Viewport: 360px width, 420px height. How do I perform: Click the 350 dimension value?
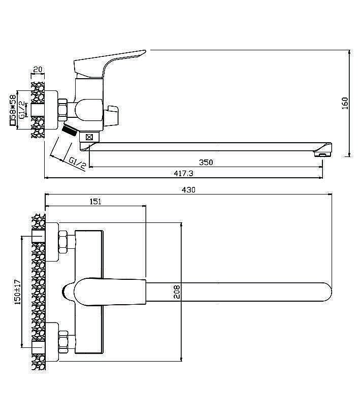point(206,163)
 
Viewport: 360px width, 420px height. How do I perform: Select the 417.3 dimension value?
point(183,173)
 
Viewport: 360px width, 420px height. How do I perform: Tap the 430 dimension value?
point(188,189)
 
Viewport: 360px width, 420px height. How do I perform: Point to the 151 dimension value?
point(95,202)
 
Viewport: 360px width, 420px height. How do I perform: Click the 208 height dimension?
point(177,292)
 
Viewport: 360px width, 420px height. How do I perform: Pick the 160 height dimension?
point(345,103)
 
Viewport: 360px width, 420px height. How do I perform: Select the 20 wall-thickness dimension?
point(38,70)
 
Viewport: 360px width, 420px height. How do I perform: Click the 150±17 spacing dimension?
point(18,292)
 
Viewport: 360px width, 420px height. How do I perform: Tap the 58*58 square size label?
point(12,110)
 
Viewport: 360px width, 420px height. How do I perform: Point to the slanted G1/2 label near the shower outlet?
point(77,164)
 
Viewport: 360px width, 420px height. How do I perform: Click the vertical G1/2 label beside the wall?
point(22,109)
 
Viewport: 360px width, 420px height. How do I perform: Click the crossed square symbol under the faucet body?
point(89,137)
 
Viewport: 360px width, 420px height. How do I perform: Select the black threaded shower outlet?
point(70,130)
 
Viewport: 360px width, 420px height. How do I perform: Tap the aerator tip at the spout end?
point(323,154)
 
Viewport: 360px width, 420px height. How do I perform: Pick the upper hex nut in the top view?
point(63,242)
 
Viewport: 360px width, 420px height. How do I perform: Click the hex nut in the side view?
point(62,110)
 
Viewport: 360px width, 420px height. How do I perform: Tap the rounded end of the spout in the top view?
point(327,292)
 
